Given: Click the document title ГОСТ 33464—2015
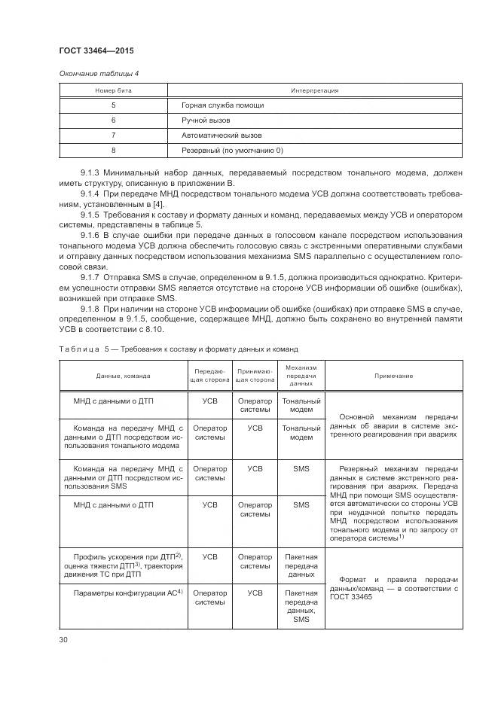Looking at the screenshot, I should pos(96,51).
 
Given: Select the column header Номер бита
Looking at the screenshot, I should pos(113,90).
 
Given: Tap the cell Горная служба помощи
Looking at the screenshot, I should pos(222,105).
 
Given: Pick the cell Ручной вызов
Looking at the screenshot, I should pos(206,120).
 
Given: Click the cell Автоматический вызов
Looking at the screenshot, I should pos(222,136).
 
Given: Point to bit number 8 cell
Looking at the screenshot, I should pos(113,151).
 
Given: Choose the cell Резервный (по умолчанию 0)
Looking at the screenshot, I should pos(232,151).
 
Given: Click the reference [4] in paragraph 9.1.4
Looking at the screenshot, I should pos(160,205).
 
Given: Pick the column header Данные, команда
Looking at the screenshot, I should pos(123,375).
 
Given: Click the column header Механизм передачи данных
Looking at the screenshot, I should pos(301,374).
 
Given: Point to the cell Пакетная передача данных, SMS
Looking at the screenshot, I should pos(301,606).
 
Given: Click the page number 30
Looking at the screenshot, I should pos(63,640).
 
